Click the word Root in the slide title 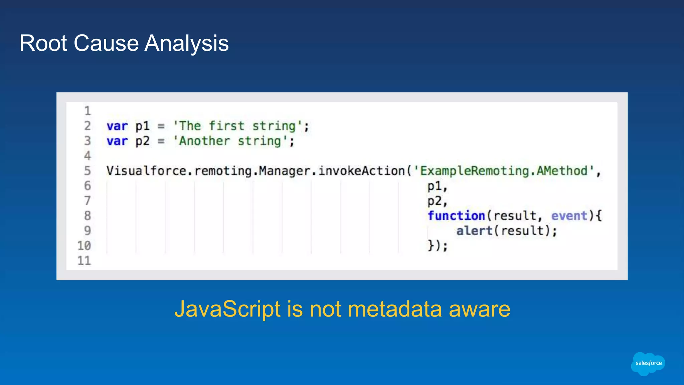(x=43, y=43)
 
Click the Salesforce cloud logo (x=648, y=363)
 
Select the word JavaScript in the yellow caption (x=227, y=309)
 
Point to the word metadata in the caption (x=395, y=309)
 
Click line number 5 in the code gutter (x=87, y=171)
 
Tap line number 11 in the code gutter (x=84, y=261)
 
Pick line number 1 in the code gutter (x=87, y=111)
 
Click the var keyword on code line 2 (x=117, y=126)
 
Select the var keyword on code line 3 (x=117, y=141)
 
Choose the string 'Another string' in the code (x=230, y=141)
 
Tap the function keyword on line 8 (x=456, y=216)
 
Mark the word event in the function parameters (x=569, y=216)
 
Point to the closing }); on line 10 (x=438, y=246)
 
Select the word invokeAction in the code (x=361, y=171)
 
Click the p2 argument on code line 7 (x=435, y=201)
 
